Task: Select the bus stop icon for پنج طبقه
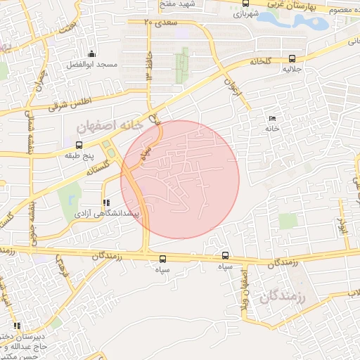[79, 145]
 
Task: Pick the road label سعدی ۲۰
[160, 23]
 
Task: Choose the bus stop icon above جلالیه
[292, 59]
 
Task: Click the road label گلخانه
[261, 61]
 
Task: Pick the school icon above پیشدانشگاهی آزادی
[105, 202]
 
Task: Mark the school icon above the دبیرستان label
[16, 326]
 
